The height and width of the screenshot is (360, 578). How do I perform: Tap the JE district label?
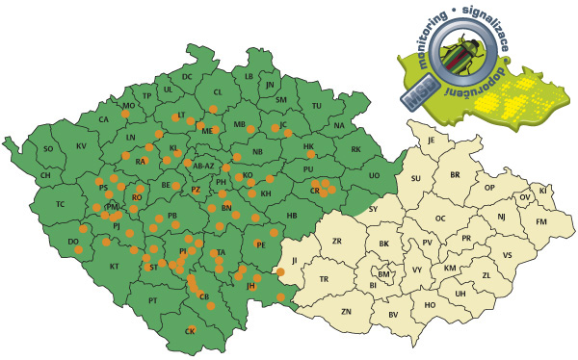pos(433,140)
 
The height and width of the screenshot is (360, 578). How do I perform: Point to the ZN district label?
pos(347,312)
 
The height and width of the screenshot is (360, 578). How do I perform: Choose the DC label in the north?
pos(188,76)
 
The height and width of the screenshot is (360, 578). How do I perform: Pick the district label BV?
pos(392,315)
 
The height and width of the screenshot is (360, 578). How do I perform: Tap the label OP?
pos(488,187)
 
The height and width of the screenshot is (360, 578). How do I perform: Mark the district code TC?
pos(60,204)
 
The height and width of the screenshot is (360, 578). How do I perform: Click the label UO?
pos(374,175)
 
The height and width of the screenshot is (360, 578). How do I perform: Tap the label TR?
pos(325,279)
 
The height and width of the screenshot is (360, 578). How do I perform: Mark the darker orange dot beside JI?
pos(280,272)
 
